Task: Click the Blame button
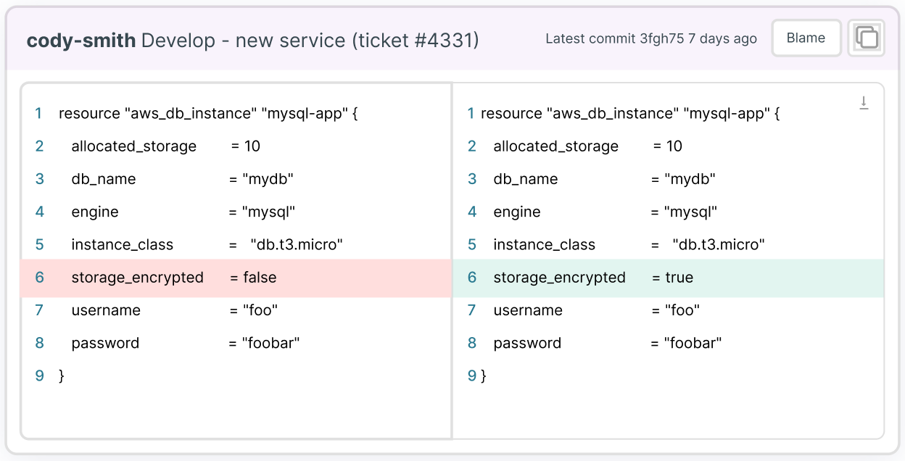click(x=806, y=38)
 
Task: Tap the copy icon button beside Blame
click(x=867, y=38)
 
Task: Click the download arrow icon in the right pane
click(x=864, y=103)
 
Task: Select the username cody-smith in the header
click(x=80, y=41)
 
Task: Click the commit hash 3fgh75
click(x=662, y=38)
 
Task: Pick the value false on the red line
click(x=260, y=278)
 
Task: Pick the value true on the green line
click(x=679, y=278)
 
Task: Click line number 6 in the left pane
click(x=39, y=278)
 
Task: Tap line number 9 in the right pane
click(x=472, y=375)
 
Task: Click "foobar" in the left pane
click(x=270, y=343)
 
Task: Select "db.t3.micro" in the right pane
click(x=719, y=244)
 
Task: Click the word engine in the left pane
click(x=95, y=212)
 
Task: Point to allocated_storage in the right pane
click(x=556, y=146)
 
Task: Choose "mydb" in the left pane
click(x=268, y=179)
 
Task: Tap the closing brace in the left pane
click(x=62, y=376)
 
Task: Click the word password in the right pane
click(x=527, y=344)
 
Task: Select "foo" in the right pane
click(x=682, y=310)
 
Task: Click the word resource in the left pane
click(x=89, y=113)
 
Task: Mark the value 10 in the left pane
click(x=252, y=146)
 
